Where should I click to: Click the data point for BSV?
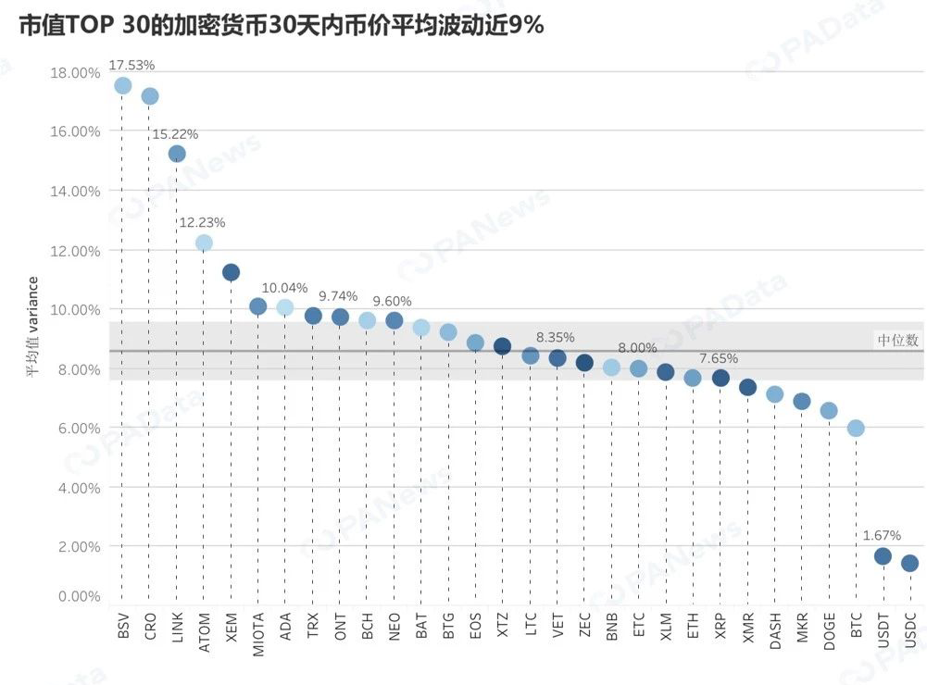(x=122, y=86)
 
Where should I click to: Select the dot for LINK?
(x=177, y=154)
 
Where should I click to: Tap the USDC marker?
(x=909, y=563)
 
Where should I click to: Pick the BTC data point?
(x=856, y=428)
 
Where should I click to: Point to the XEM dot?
(x=231, y=272)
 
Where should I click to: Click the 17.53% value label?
(x=132, y=65)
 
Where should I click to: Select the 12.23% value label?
(x=202, y=222)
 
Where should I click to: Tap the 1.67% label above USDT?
(x=882, y=535)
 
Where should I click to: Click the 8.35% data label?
(x=556, y=338)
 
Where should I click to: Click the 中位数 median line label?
(x=897, y=341)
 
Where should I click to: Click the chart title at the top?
(x=282, y=25)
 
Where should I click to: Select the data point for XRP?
(x=720, y=378)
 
